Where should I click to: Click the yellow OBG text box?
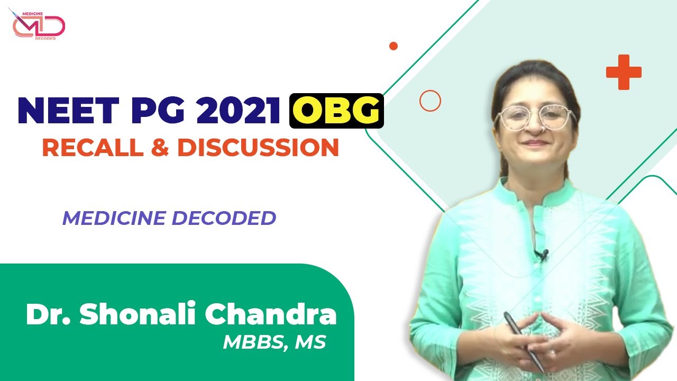pyautogui.click(x=336, y=111)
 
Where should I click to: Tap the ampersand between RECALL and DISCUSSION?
pyautogui.click(x=159, y=148)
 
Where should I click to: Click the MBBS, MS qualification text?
pyautogui.click(x=274, y=342)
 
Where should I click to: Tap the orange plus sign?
pyautogui.click(x=624, y=72)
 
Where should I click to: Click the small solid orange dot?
pyautogui.click(x=393, y=46)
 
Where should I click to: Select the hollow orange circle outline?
pyautogui.click(x=430, y=101)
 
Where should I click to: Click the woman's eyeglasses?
pyautogui.click(x=535, y=117)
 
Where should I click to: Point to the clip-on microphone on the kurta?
pyautogui.click(x=541, y=256)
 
